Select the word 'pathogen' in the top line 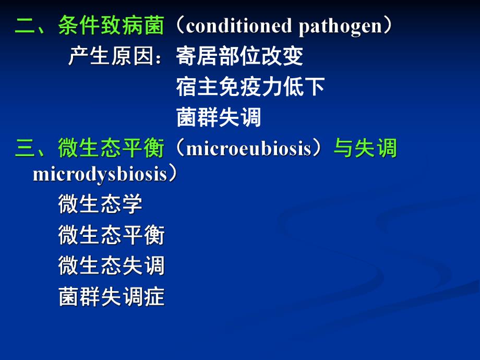(340, 26)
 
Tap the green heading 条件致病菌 (111, 26)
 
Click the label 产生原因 (111, 56)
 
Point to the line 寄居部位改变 (239, 56)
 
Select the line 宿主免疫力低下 (250, 87)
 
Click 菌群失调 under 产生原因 (219, 118)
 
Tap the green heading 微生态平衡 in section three (111, 149)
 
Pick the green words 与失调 (365, 149)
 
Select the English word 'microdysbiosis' (99, 174)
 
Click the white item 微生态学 (100, 205)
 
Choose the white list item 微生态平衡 (111, 236)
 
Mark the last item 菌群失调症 (111, 297)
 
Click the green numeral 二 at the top (25, 26)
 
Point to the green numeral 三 (25, 149)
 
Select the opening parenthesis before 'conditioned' (176, 26)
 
